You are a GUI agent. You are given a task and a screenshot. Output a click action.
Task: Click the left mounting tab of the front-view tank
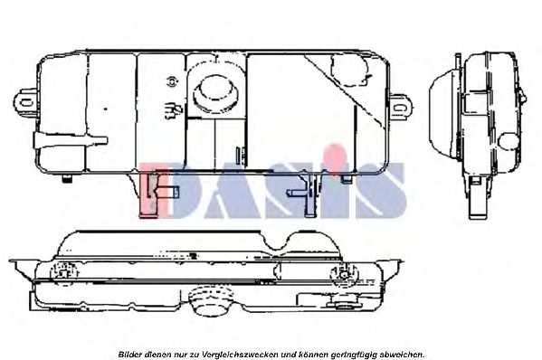point(25,101)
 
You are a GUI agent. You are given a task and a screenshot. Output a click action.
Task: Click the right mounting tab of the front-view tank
point(402,107)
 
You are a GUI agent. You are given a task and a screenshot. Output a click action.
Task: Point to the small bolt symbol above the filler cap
point(172,81)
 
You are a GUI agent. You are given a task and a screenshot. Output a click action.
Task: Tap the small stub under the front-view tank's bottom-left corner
point(67,178)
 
